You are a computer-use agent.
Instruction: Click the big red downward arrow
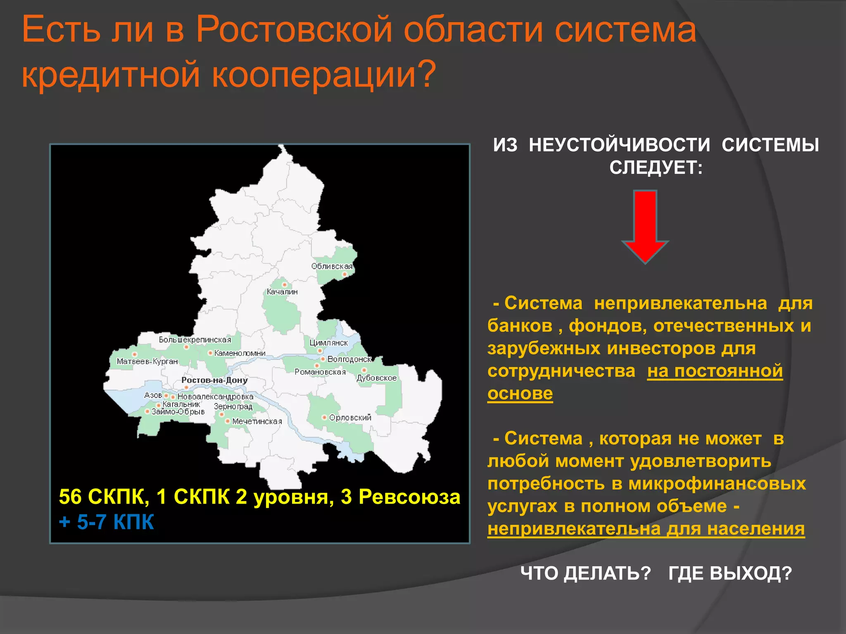(x=645, y=225)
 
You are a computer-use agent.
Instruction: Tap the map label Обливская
(x=332, y=266)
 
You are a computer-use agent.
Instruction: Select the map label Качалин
(x=282, y=292)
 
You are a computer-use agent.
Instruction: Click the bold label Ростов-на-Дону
(x=214, y=380)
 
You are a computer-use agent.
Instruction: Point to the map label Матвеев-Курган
(x=147, y=362)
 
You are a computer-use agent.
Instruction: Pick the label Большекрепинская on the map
(x=195, y=340)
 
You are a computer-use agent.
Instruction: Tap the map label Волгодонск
(x=349, y=359)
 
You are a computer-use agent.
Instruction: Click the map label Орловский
(x=350, y=418)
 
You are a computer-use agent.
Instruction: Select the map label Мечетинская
(x=257, y=421)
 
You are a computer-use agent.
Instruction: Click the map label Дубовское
(x=376, y=378)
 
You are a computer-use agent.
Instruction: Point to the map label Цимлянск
(x=328, y=343)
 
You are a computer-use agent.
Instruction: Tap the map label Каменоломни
(x=240, y=353)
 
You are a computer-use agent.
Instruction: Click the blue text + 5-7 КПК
(x=106, y=522)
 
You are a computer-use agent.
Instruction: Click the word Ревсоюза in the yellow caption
(x=409, y=497)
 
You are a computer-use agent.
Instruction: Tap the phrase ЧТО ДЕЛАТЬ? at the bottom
(x=585, y=573)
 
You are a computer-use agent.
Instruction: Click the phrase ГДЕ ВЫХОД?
(x=730, y=573)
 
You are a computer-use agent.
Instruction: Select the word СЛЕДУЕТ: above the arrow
(x=656, y=168)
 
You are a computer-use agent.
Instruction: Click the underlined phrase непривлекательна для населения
(x=646, y=529)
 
